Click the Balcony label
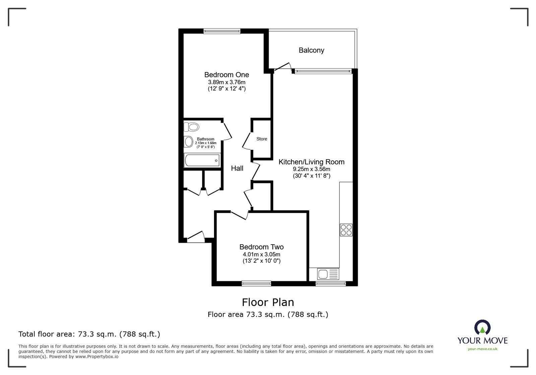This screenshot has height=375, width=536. (x=311, y=50)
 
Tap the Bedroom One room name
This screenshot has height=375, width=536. (x=226, y=74)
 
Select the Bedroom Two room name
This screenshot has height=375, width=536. (x=261, y=247)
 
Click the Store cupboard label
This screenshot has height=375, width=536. (x=262, y=139)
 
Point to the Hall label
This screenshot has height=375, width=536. (x=237, y=168)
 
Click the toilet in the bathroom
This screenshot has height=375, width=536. (x=192, y=127)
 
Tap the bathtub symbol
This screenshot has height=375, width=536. (x=202, y=161)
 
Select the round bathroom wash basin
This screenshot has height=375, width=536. (x=189, y=141)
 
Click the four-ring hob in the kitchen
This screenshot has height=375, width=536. (x=346, y=230)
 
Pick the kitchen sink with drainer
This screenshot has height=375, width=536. (x=328, y=274)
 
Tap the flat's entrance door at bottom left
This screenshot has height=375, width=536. (x=196, y=236)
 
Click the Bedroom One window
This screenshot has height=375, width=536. (x=222, y=31)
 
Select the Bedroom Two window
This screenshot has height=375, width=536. (x=256, y=284)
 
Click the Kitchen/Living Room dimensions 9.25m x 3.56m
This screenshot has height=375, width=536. (x=311, y=169)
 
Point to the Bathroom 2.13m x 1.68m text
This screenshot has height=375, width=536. (x=205, y=143)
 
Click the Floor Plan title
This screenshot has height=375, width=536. (x=268, y=302)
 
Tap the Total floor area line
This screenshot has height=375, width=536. (x=89, y=334)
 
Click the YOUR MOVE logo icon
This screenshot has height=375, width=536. (x=482, y=328)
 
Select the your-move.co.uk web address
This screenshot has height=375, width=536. (x=482, y=349)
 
